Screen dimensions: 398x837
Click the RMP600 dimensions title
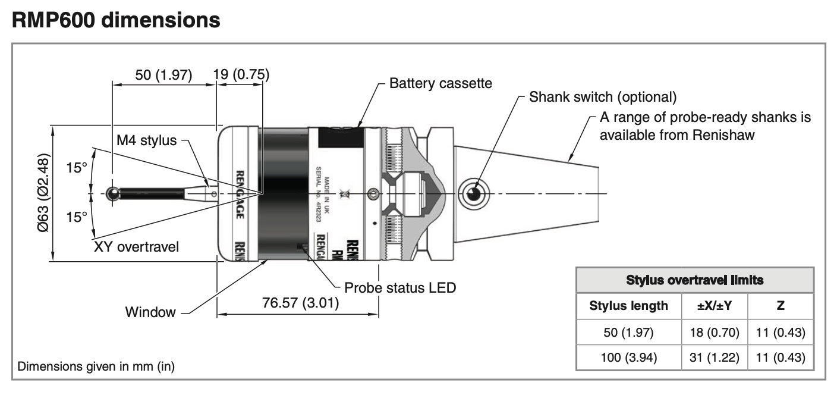pyautogui.click(x=116, y=20)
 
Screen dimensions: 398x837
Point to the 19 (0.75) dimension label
pyautogui.click(x=241, y=75)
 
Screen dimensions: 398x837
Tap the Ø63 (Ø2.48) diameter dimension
pyautogui.click(x=43, y=193)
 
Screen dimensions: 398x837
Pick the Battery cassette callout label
pyautogui.click(x=440, y=83)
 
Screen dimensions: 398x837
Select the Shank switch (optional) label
pyautogui.click(x=603, y=97)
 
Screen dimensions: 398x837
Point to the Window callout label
pyautogui.click(x=150, y=312)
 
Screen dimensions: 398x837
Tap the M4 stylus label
pyautogui.click(x=147, y=141)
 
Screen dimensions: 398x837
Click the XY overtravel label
pyautogui.click(x=136, y=246)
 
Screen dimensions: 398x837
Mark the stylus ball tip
pyautogui.click(x=112, y=193)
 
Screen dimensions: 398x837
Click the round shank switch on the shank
pyautogui.click(x=474, y=194)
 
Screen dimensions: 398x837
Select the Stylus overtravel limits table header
pyautogui.click(x=695, y=280)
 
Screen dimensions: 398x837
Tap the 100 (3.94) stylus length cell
pyautogui.click(x=628, y=358)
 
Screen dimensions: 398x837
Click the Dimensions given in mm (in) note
pyautogui.click(x=96, y=366)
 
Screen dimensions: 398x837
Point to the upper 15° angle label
pyautogui.click(x=76, y=168)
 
